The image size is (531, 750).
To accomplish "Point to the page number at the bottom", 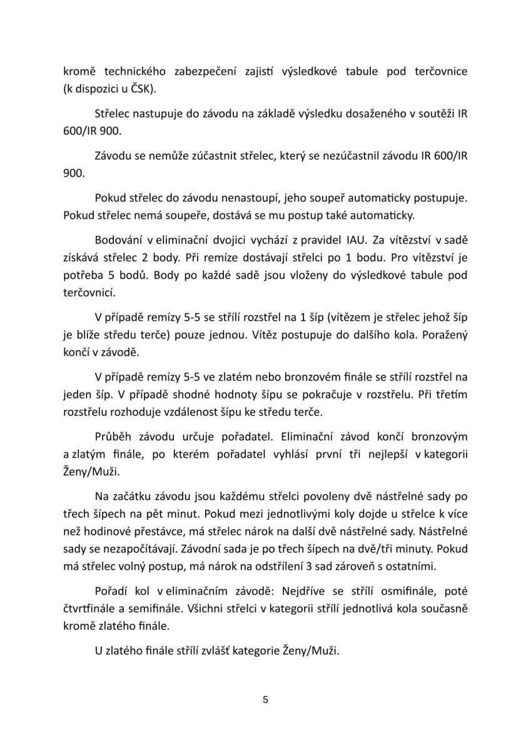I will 266,699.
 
